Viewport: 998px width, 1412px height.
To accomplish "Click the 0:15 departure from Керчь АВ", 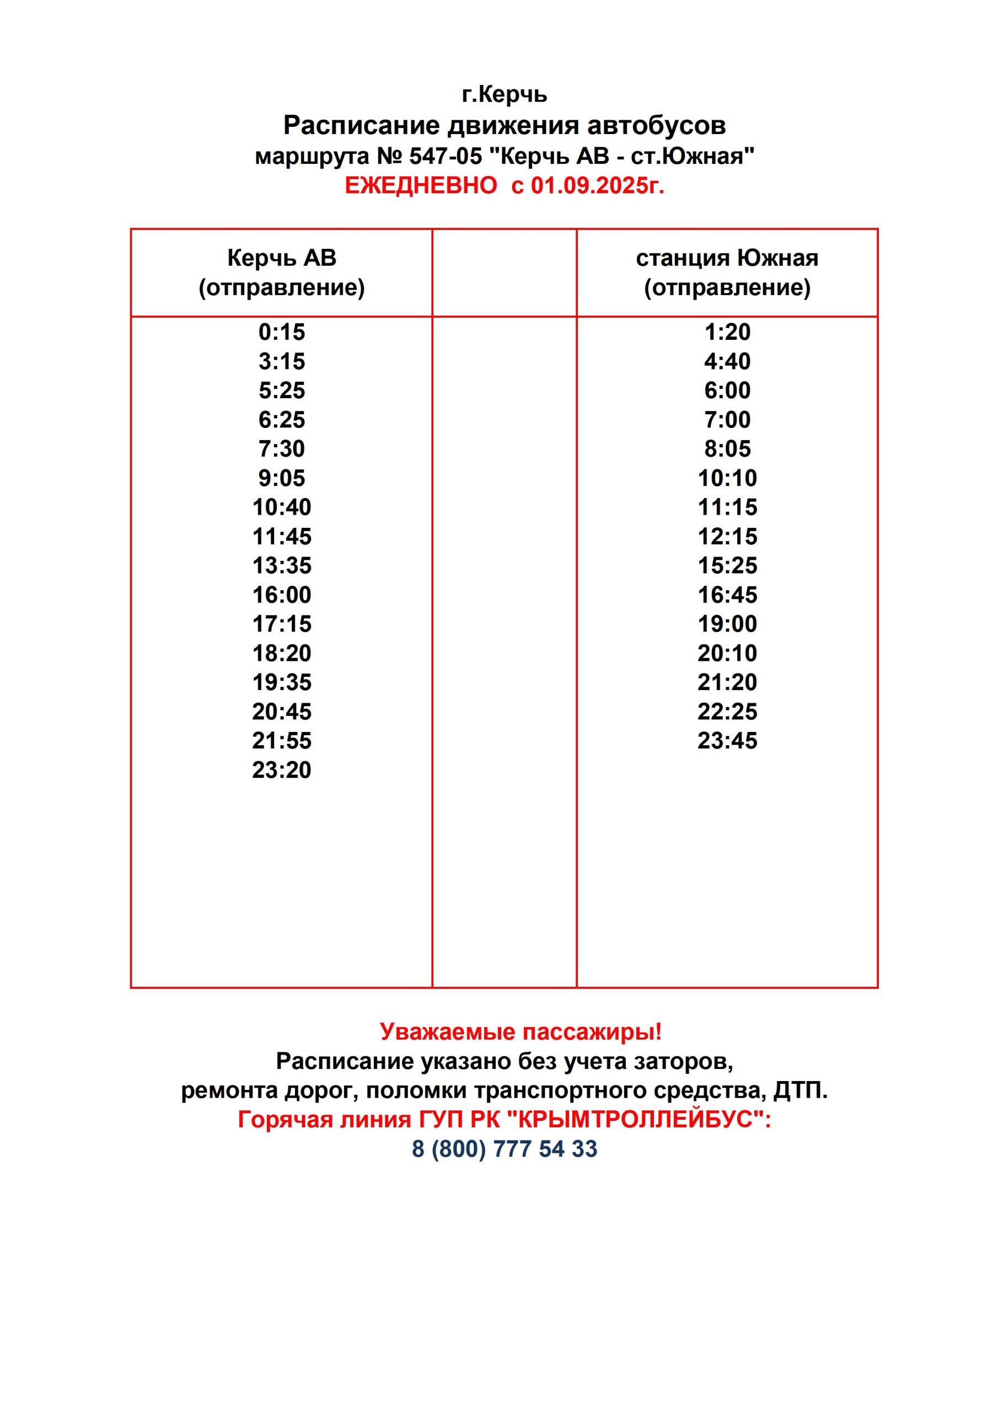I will (x=282, y=332).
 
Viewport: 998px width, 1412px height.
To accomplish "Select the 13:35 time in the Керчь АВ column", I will (x=282, y=565).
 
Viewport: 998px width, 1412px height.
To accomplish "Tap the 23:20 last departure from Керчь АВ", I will (x=282, y=769).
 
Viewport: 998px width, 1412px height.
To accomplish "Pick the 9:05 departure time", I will (x=282, y=478).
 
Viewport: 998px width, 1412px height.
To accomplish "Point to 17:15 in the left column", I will (x=282, y=624).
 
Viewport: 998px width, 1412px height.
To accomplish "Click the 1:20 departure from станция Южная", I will (x=727, y=332).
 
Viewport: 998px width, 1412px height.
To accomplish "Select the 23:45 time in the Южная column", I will (x=727, y=740).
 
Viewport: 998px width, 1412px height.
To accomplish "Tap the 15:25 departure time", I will (x=727, y=565).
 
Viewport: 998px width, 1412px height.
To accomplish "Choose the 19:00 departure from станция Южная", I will (x=727, y=624).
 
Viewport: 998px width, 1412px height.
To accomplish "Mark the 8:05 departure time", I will (x=727, y=449).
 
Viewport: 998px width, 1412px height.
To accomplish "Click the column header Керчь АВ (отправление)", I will (x=282, y=272).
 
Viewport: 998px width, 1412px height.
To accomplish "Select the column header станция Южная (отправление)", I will (x=727, y=272).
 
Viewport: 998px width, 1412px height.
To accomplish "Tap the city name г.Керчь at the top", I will (x=504, y=94).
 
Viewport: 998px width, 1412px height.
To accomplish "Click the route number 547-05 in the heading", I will (x=446, y=156).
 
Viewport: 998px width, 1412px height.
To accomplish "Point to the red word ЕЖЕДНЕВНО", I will (x=421, y=185).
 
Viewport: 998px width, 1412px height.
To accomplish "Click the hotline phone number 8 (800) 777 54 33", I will (x=504, y=1149).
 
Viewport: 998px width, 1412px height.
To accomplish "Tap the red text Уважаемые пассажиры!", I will (x=520, y=1031).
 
